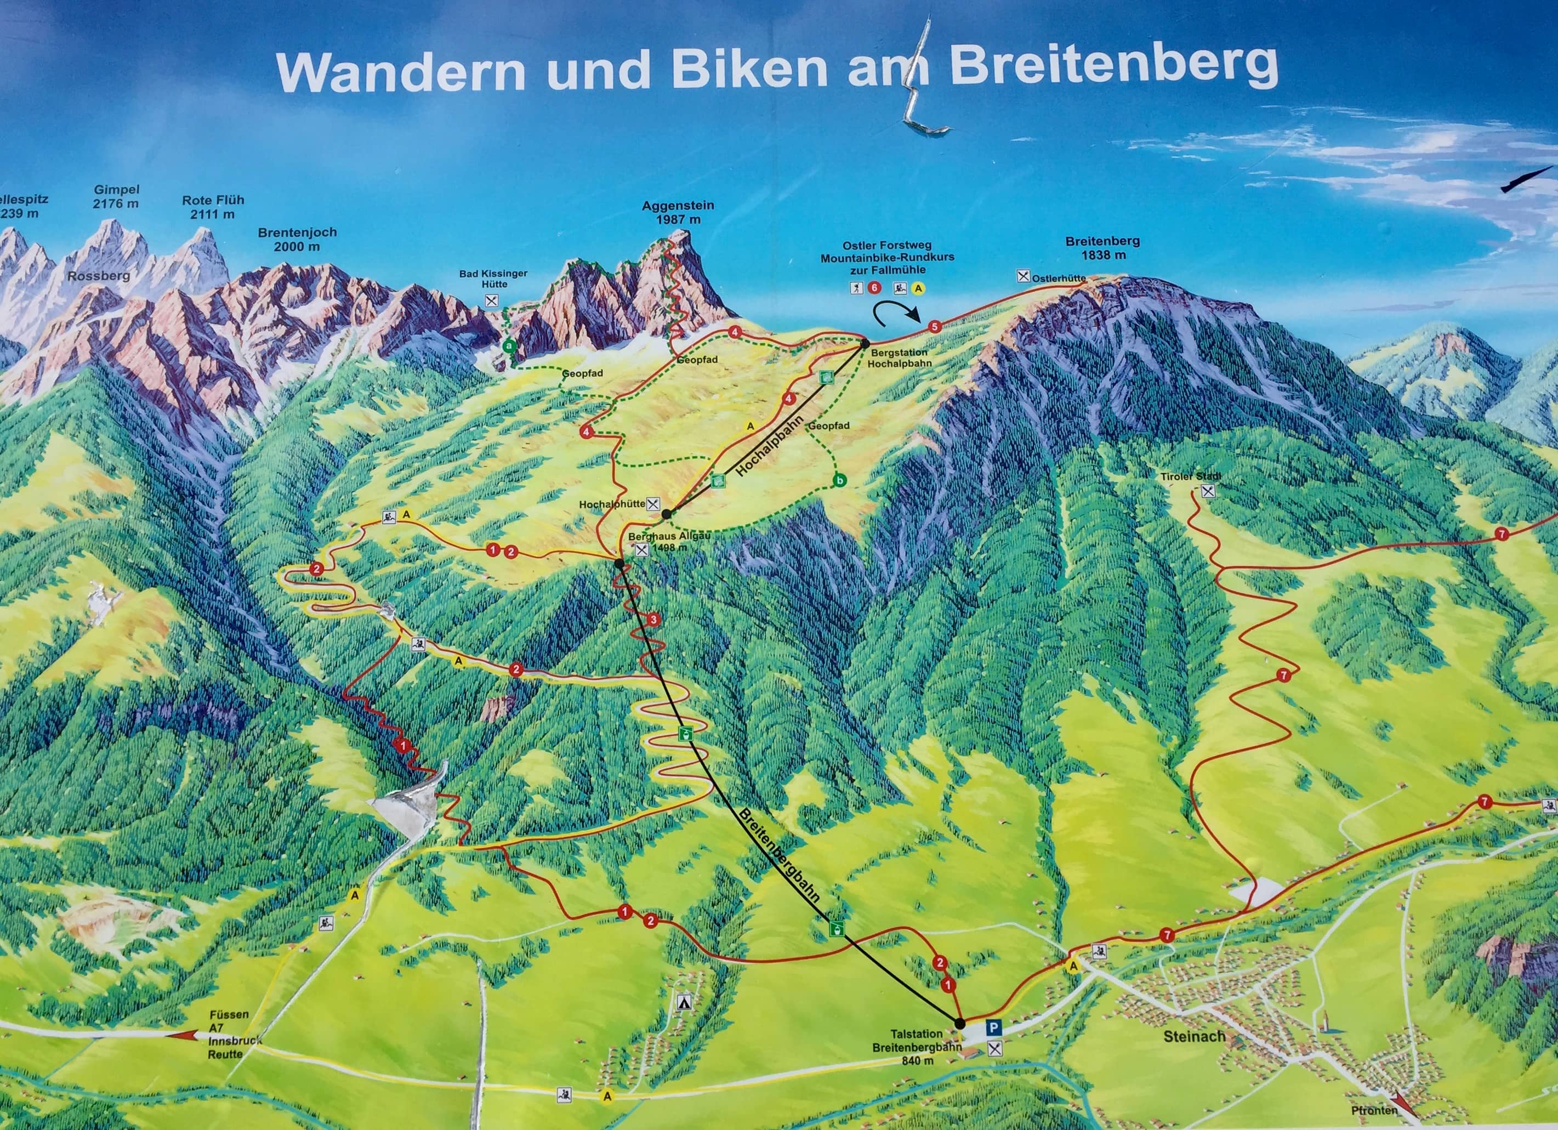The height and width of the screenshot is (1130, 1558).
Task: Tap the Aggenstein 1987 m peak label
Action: (x=678, y=212)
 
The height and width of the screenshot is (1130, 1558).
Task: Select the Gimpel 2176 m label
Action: (x=116, y=196)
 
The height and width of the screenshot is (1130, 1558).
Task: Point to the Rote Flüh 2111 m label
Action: (x=212, y=207)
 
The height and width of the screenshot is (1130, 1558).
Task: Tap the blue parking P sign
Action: (x=993, y=1027)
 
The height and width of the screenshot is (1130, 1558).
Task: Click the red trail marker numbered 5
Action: (x=934, y=327)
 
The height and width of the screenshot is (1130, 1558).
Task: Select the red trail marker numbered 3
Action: (x=652, y=620)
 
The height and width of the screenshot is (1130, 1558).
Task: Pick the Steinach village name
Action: (x=1194, y=1037)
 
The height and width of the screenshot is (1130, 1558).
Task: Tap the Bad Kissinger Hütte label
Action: (x=493, y=278)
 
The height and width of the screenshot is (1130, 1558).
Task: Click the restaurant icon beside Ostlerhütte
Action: (x=1023, y=276)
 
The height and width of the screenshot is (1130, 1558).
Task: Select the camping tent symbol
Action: (x=683, y=1002)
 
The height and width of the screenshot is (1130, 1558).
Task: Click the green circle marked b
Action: (x=839, y=480)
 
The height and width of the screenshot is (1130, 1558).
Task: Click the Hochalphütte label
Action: (x=611, y=504)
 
